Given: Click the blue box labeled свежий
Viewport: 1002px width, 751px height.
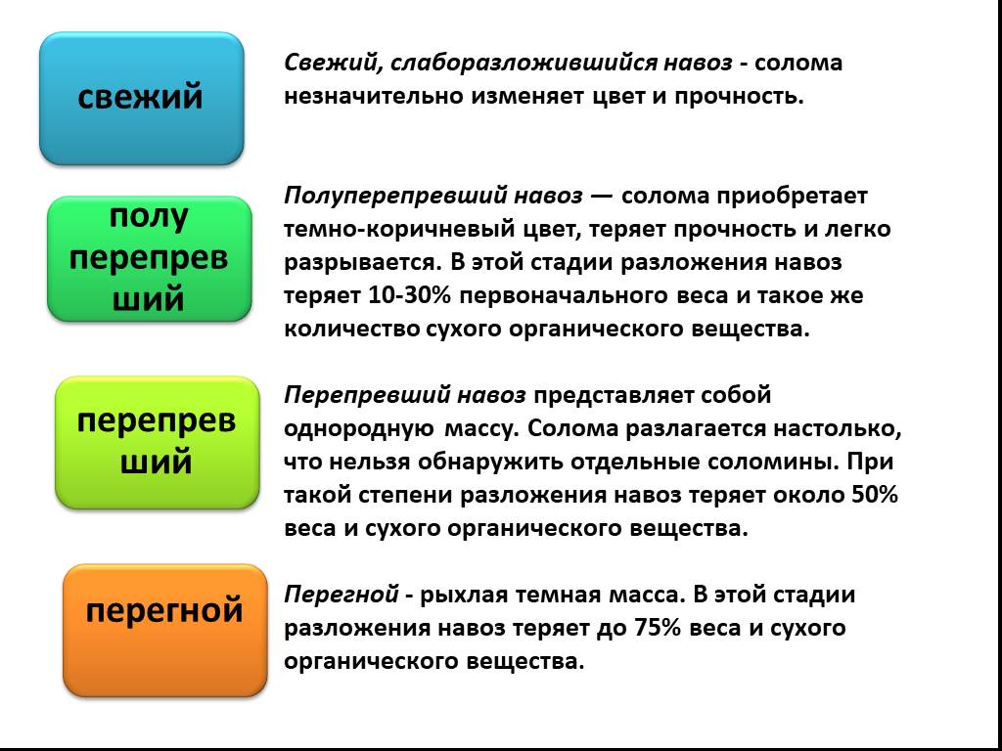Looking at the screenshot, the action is pos(141,99).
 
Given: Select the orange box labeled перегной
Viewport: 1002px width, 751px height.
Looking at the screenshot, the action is pos(164,631).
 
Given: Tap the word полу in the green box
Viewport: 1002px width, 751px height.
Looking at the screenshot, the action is pos(149,218).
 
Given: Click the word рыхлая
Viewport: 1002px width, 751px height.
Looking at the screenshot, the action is pos(463,596).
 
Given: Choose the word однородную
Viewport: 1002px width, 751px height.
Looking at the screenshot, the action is pos(358,430).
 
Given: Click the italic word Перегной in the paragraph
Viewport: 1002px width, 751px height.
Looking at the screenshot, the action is pos(342,596).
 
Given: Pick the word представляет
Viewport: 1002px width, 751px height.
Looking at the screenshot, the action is pos(615,396).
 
